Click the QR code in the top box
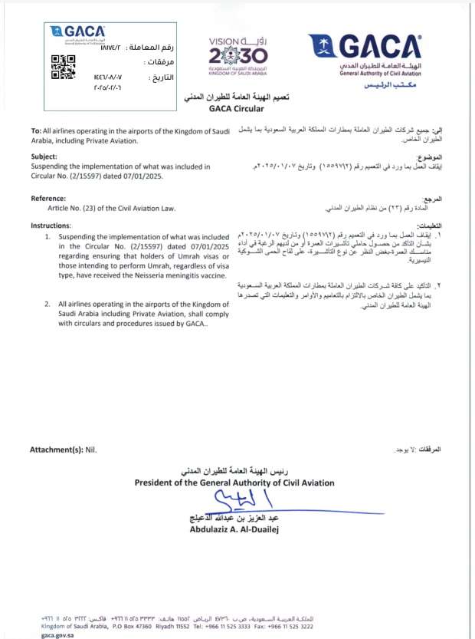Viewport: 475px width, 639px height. point(64,68)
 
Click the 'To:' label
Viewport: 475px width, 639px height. point(36,133)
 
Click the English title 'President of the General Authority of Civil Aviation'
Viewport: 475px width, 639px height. point(234,483)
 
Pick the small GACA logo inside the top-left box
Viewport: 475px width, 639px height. point(77,32)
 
